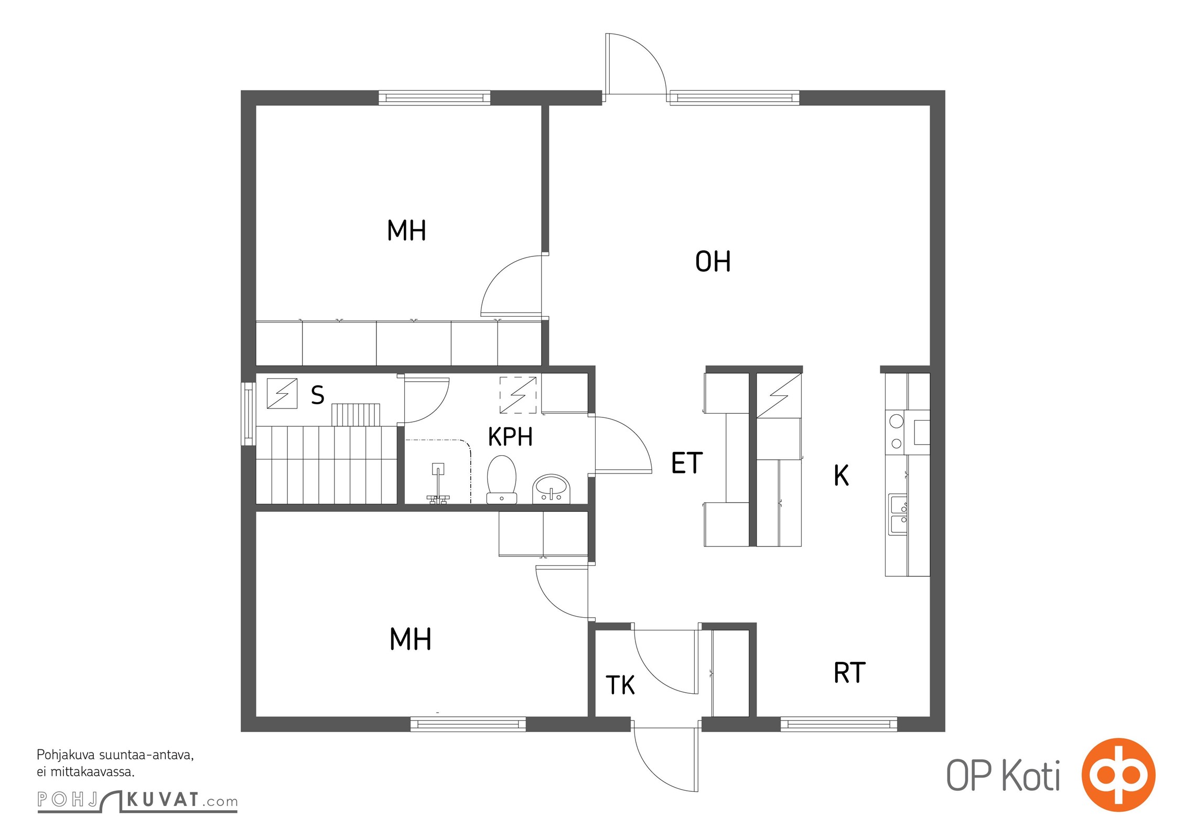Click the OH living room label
(x=713, y=261)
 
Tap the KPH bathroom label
(x=510, y=436)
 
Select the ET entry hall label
(x=687, y=462)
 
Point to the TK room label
(x=620, y=685)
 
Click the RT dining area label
(x=849, y=673)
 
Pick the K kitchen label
(x=841, y=475)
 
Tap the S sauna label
(x=317, y=395)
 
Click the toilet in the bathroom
(x=502, y=479)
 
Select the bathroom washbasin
(x=551, y=489)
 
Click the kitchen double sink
(x=898, y=514)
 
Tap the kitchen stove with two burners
(x=896, y=432)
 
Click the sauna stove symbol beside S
(x=282, y=393)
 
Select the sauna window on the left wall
(x=249, y=414)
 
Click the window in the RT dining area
(x=839, y=724)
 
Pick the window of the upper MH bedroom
(x=435, y=98)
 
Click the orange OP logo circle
(x=1118, y=775)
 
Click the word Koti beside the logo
(x=1031, y=776)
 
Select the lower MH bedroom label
(x=411, y=639)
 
